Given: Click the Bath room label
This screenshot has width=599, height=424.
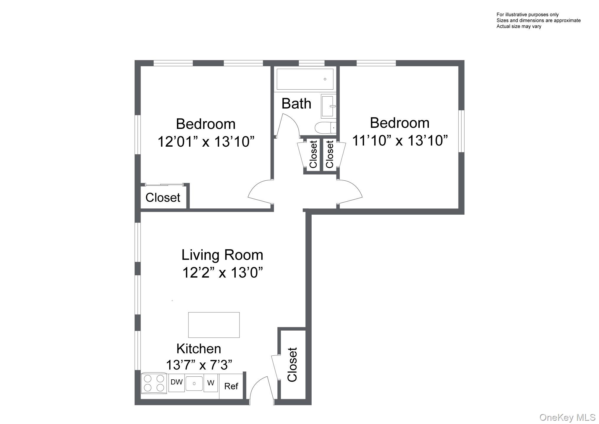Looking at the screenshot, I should click(296, 103).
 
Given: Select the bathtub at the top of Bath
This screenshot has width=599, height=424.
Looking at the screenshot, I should click(305, 79).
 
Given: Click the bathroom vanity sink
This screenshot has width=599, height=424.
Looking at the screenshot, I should click(328, 106).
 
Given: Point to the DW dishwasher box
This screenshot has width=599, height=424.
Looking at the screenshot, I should click(176, 382).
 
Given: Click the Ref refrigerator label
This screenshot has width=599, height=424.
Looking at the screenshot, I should click(231, 386).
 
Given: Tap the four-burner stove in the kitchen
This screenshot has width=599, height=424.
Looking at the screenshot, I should click(154, 383).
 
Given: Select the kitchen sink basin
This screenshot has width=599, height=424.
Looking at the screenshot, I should click(194, 383).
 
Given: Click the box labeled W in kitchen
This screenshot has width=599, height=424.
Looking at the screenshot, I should click(211, 383).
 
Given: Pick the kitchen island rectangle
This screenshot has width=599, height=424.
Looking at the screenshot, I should click(214, 325).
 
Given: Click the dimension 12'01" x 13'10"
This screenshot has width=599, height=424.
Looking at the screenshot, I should click(206, 142).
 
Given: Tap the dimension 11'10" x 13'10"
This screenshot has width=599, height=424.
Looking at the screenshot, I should click(400, 140).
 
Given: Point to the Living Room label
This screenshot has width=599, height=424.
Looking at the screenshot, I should click(222, 255).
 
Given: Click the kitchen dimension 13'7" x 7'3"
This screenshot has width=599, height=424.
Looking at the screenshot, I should click(199, 365).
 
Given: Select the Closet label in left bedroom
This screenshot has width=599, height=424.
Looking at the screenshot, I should click(163, 198).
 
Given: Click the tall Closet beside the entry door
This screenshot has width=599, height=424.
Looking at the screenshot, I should click(292, 365).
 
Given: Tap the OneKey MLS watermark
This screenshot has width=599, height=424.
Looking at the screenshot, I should click(567, 417).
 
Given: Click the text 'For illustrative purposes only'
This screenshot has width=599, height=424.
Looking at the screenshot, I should click(527, 14).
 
